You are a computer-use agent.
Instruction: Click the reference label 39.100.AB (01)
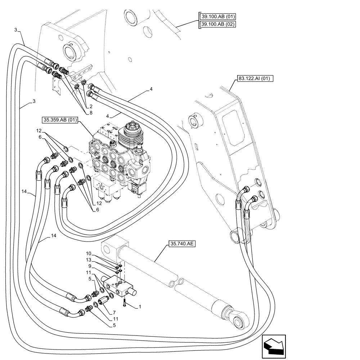tap(217, 17)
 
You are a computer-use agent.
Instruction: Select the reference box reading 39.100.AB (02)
tap(217, 24)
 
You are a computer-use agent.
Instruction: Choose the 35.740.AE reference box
tap(181, 244)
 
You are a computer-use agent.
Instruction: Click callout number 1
tap(141, 306)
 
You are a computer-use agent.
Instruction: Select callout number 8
tap(90, 113)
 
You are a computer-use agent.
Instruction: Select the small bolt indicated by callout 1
tap(124, 303)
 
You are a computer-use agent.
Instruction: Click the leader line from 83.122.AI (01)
tap(233, 85)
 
